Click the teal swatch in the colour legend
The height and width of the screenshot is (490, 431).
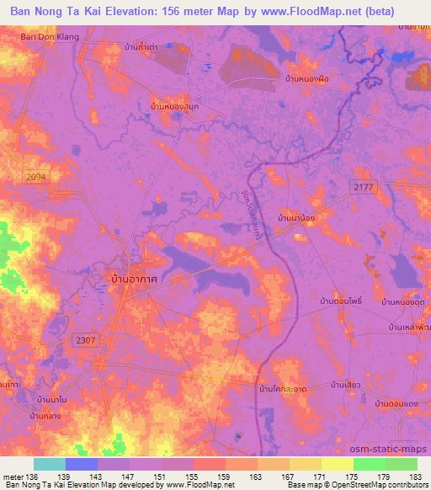[x=50, y=464]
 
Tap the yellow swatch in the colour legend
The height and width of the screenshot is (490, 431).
[x=337, y=464]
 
